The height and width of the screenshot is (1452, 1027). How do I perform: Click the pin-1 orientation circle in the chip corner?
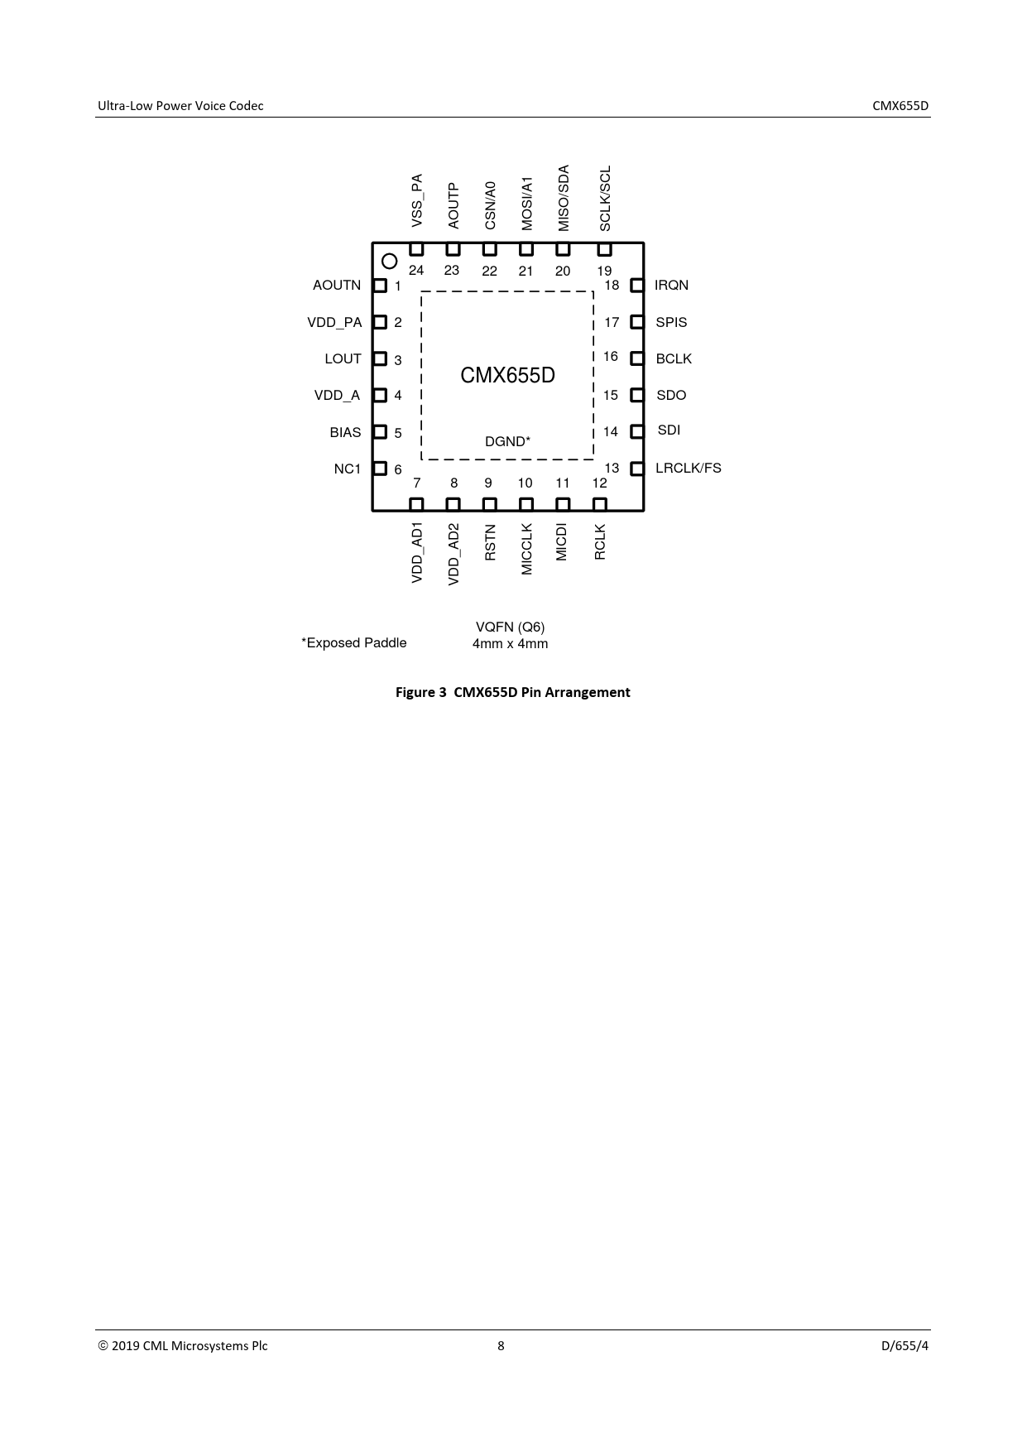[x=389, y=262]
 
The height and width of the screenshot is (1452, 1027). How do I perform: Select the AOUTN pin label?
[x=337, y=285]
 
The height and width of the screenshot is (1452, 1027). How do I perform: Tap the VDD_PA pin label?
[x=334, y=322]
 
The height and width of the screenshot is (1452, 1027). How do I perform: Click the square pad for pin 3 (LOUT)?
[x=380, y=359]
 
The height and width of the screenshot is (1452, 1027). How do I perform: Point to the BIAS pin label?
[x=345, y=432]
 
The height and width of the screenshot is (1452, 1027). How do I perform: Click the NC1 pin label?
[x=348, y=469]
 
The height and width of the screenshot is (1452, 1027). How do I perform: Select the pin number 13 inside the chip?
[x=612, y=468]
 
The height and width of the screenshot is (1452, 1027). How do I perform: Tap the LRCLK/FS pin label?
[x=689, y=468]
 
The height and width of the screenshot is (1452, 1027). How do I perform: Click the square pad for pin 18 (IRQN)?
[x=637, y=286]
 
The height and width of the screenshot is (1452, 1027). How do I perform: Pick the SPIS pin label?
[x=671, y=322]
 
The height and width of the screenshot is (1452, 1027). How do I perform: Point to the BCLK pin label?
[x=674, y=358]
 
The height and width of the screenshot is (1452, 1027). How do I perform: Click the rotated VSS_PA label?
[x=417, y=200]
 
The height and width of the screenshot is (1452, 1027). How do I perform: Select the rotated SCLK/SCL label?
[x=605, y=199]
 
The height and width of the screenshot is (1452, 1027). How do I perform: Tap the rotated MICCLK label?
[x=527, y=549]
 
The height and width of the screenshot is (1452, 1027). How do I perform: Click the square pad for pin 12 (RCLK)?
[x=600, y=504]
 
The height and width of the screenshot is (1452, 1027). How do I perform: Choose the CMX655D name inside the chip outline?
[x=507, y=376]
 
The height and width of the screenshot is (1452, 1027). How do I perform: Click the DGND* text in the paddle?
[x=507, y=441]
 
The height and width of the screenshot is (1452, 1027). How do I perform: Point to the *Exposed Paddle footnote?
[x=353, y=642]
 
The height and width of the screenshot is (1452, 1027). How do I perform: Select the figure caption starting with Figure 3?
[x=512, y=692]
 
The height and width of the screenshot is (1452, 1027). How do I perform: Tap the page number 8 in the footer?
[x=501, y=1345]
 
